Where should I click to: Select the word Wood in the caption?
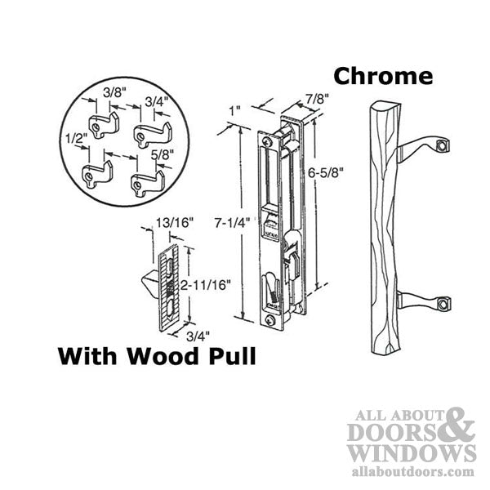168,358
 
